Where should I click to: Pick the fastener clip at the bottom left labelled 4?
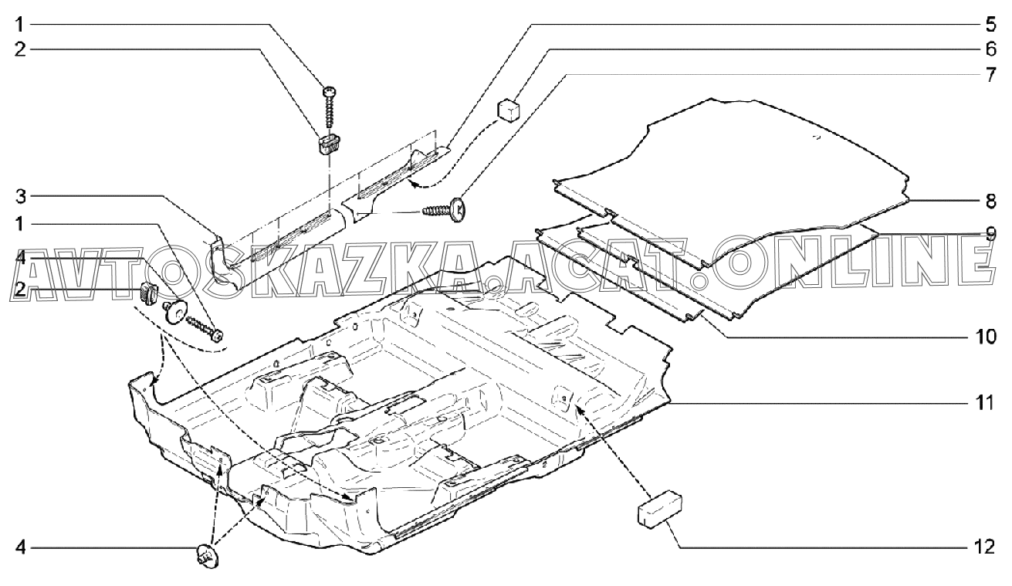pos(206,555)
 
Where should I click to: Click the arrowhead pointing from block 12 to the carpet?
pos(578,406)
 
